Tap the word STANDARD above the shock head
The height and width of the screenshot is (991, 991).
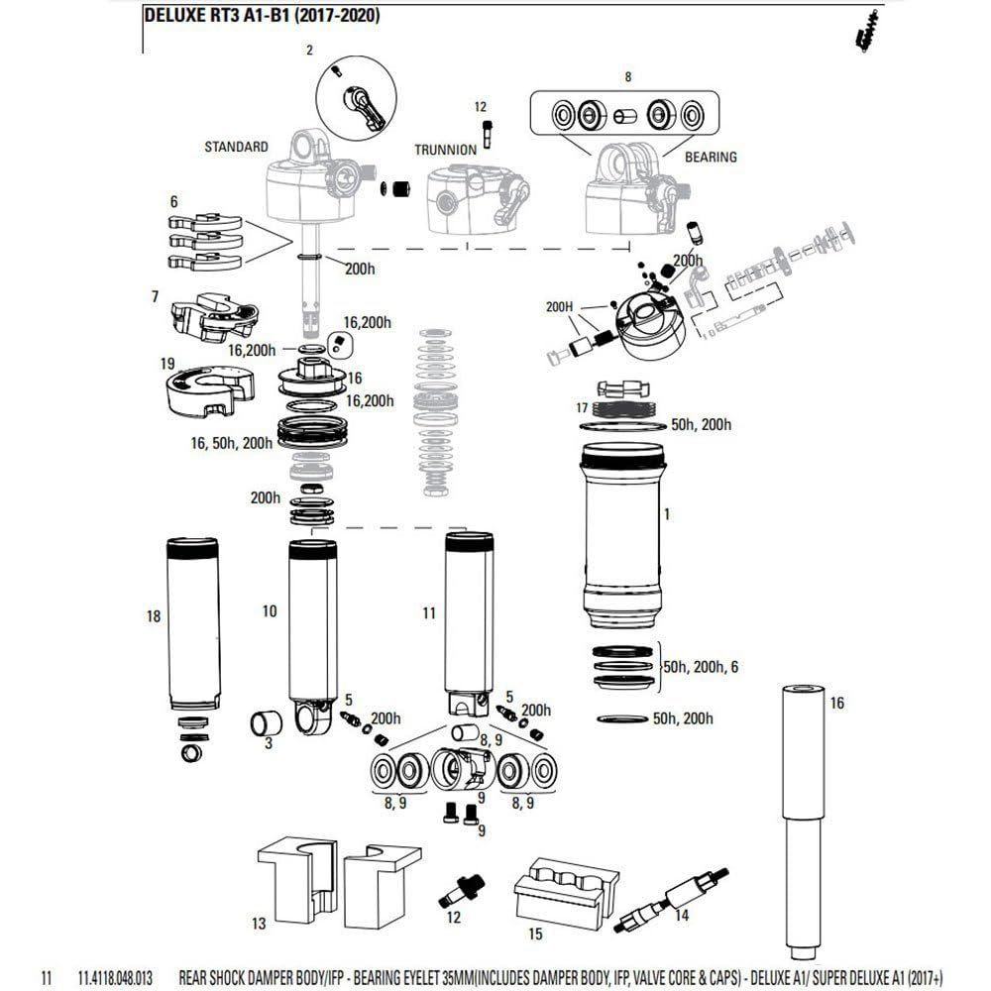coord(236,147)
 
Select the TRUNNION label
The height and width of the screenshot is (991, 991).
coord(445,149)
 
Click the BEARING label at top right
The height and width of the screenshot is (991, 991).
coord(711,157)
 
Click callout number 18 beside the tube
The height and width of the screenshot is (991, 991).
coord(153,616)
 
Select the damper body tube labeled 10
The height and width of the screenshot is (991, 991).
coord(311,634)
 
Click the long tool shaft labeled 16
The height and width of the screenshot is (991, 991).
coord(804,823)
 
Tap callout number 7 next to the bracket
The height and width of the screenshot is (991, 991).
coord(155,296)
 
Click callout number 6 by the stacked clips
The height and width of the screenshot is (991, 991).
coord(173,201)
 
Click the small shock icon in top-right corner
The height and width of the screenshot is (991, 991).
coord(867,37)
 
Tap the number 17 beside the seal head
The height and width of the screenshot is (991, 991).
coord(582,407)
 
